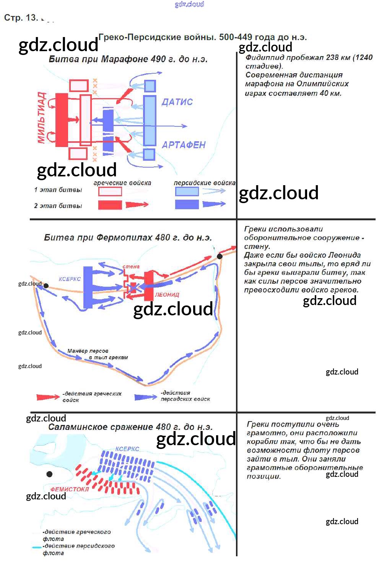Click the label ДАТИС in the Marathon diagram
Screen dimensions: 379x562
(177, 102)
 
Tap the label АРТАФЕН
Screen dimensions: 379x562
(184, 145)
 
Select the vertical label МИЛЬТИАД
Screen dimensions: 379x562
(41, 118)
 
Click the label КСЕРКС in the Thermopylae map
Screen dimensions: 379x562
(70, 279)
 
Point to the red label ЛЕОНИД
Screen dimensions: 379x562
(167, 295)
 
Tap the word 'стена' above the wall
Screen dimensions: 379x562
(131, 266)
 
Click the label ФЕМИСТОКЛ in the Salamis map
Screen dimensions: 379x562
(70, 489)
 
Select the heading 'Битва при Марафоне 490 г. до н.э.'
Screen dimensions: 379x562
(128, 59)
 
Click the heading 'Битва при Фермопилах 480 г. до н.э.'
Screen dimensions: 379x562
(128, 237)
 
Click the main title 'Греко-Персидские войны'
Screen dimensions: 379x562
(203, 37)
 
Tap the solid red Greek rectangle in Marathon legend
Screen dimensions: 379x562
(110, 205)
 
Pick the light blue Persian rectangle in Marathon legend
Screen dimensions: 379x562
(187, 192)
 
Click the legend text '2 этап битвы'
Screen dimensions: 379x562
(58, 206)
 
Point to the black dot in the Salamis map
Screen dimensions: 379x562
(49, 474)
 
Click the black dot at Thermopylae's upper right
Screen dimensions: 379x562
(220, 256)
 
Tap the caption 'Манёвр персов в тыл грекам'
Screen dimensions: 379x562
(98, 354)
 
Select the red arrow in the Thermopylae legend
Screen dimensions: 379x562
(48, 397)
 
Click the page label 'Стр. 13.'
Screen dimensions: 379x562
(21, 18)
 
